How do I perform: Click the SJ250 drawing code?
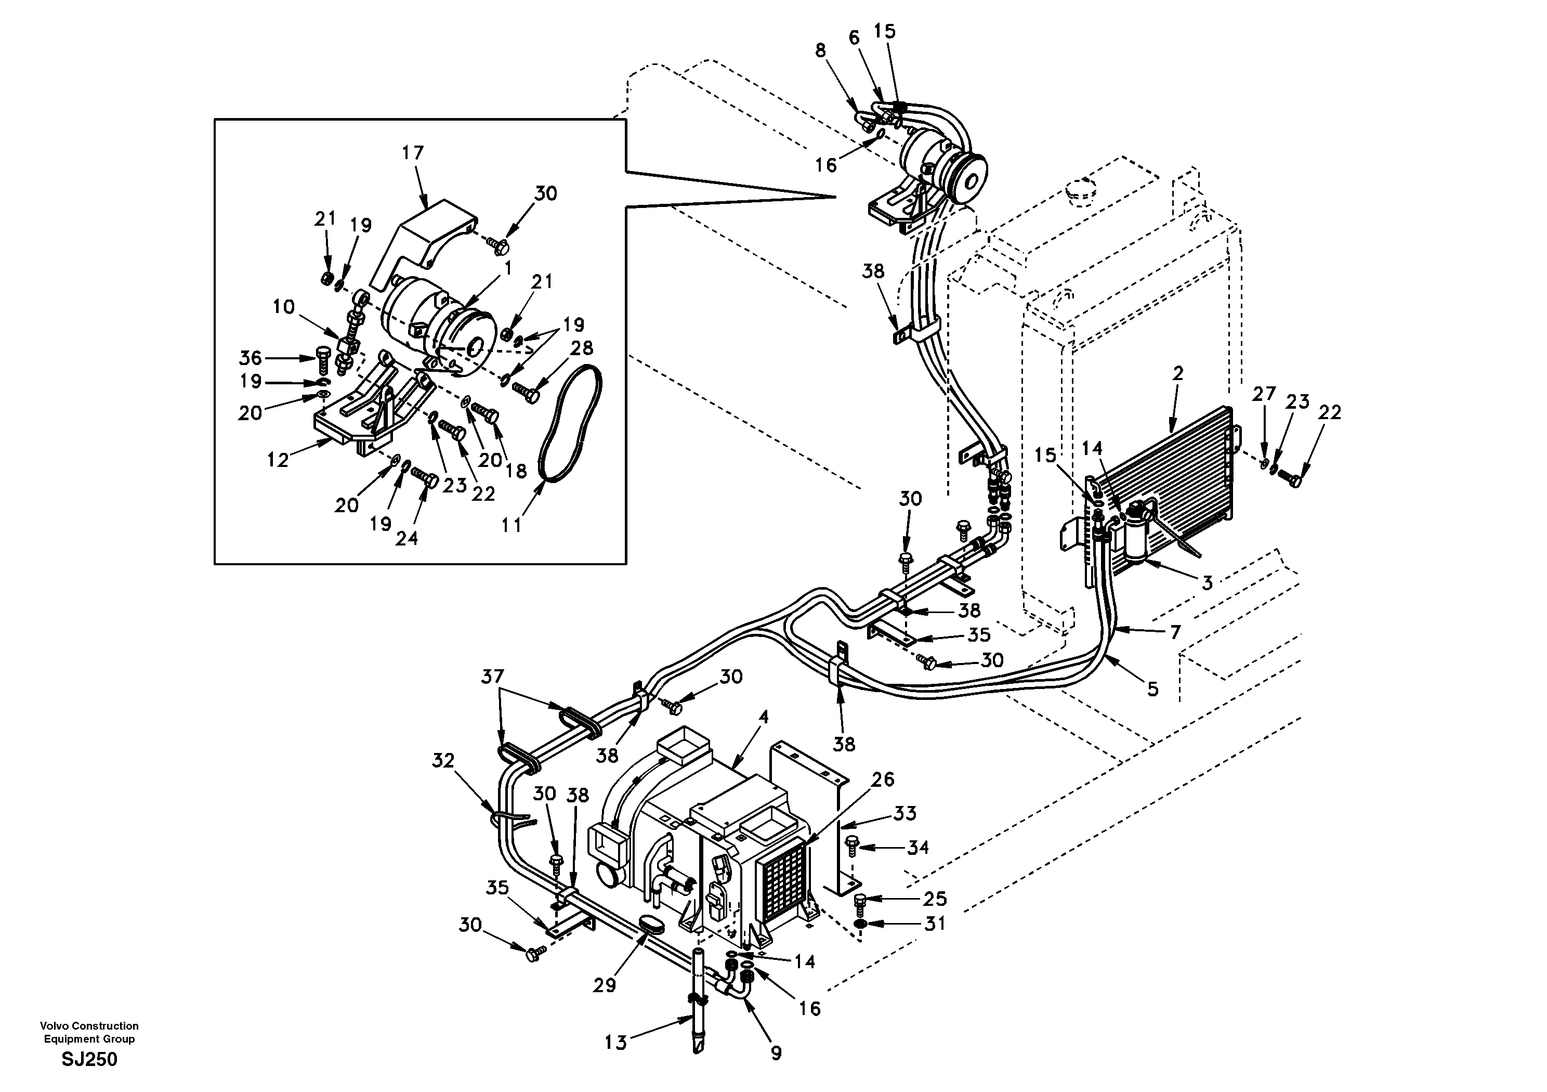coord(89,1060)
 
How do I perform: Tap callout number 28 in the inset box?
coord(582,348)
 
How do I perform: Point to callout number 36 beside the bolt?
coord(250,357)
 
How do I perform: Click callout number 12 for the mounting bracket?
coord(277,460)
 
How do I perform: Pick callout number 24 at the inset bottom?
coord(407,538)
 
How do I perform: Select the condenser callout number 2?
coord(1177,373)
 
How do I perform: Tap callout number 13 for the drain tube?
coord(615,1043)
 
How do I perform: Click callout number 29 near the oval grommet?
coord(605,985)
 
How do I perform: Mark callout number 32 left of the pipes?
coord(443,760)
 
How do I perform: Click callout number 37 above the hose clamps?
coord(492,676)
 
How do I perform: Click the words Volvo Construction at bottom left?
coord(89,1026)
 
